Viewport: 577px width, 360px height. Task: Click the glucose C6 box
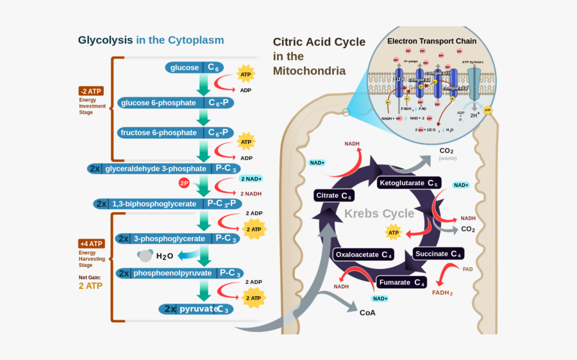[194, 67]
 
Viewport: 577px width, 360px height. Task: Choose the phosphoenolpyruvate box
[180, 273]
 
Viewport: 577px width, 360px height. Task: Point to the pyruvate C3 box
[196, 309]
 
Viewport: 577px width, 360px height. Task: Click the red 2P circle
[184, 183]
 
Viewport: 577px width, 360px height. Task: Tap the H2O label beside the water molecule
[165, 256]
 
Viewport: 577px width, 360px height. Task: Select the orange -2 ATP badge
[91, 90]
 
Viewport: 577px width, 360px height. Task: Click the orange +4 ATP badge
[91, 243]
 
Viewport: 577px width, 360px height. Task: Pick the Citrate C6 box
[334, 195]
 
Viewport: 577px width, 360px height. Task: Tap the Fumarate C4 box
[401, 282]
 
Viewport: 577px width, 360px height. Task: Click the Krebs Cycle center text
[380, 213]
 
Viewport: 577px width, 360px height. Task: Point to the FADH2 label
[442, 293]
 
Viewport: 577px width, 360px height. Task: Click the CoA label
[367, 313]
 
